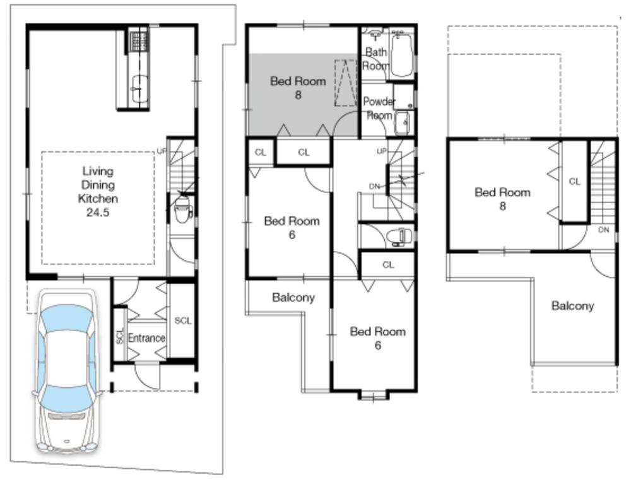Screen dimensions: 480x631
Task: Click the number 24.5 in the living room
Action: pos(98,213)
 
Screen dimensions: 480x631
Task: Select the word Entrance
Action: pos(146,338)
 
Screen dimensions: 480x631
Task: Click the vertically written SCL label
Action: pos(120,336)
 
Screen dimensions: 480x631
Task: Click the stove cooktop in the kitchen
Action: pos(138,40)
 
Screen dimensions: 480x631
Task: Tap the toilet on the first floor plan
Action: pos(182,208)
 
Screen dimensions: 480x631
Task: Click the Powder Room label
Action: pos(379,108)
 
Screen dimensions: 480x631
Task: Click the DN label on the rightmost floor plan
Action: pos(603,230)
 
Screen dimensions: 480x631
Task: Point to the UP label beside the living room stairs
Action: pos(161,151)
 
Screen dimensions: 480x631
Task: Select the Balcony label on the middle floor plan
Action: pos(293,298)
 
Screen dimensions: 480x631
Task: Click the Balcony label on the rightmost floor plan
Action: pos(572,306)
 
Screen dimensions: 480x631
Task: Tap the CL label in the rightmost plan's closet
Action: pos(574,182)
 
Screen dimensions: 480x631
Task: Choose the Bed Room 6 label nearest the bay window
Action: pos(377,337)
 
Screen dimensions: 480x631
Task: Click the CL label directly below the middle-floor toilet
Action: pos(387,265)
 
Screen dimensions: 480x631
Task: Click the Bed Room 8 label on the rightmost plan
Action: pos(502,199)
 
